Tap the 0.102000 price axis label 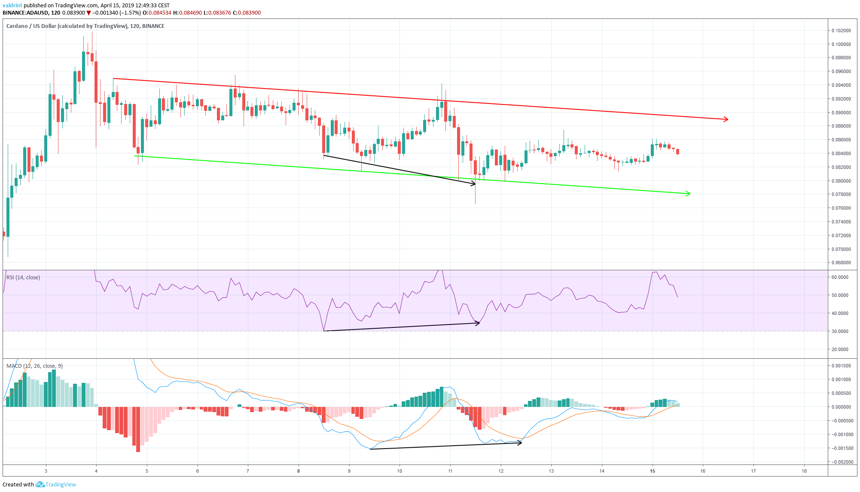tap(841, 31)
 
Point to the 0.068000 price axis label tap(841, 263)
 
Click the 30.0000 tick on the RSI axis tap(840, 331)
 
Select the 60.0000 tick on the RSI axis tap(840, 277)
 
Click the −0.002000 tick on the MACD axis tap(840, 462)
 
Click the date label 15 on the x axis tap(653, 471)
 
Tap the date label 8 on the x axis tap(299, 471)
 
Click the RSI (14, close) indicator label tap(23, 278)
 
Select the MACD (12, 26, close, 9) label tap(34, 366)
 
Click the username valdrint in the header tap(12, 6)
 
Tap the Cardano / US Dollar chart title tap(67, 26)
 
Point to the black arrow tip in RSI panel tap(478, 323)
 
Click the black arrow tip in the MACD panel tap(520, 443)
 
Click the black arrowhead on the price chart tap(474, 184)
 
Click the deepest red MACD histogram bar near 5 tap(138, 430)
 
